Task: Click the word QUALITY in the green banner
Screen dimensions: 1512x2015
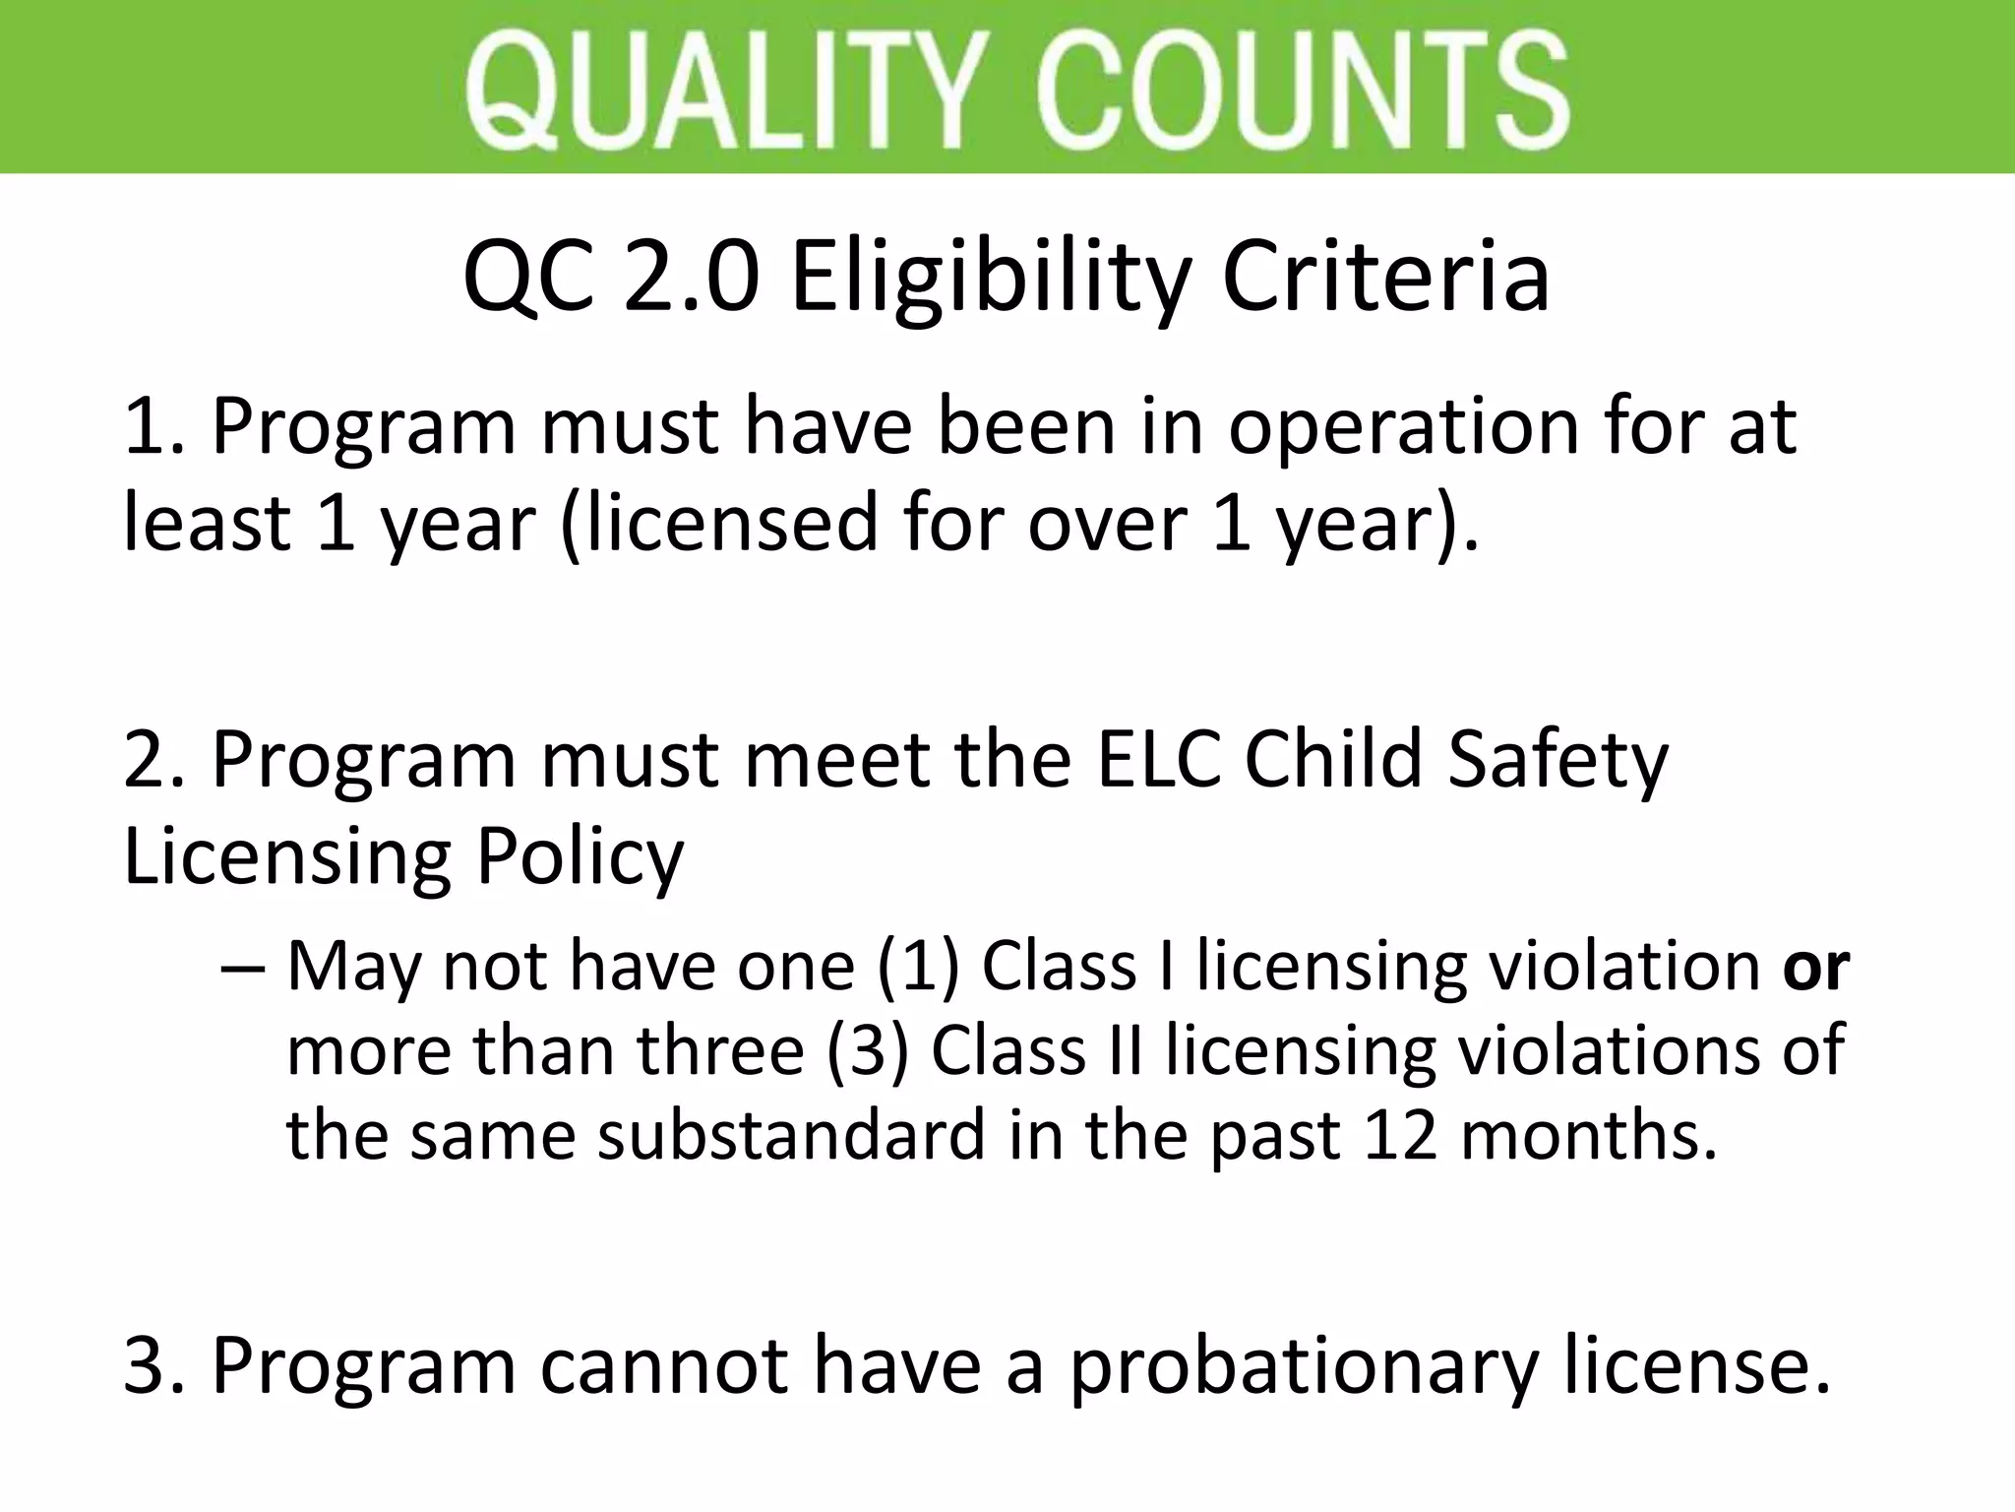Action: coord(726,89)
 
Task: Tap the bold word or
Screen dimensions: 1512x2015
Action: coord(1816,968)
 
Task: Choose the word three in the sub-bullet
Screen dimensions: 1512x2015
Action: coord(721,1050)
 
